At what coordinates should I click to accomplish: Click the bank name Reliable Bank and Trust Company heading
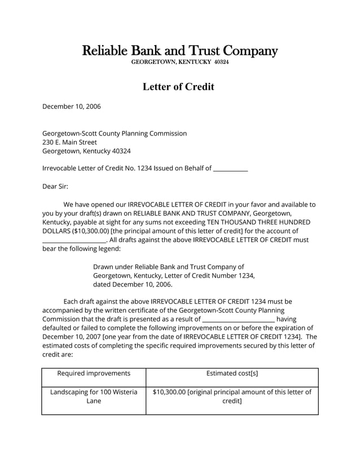[x=180, y=51]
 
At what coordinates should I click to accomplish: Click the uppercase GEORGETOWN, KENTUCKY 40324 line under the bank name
[x=180, y=61]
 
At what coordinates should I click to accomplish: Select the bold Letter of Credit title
[x=178, y=87]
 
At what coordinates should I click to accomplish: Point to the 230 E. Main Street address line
[x=70, y=142]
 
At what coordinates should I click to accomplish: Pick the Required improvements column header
[x=94, y=373]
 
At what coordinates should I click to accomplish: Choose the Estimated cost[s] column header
[x=232, y=373]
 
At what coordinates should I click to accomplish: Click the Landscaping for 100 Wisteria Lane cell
[x=94, y=397]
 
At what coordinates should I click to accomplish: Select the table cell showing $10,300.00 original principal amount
[x=232, y=397]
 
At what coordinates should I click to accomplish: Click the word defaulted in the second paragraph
[x=59, y=328]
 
